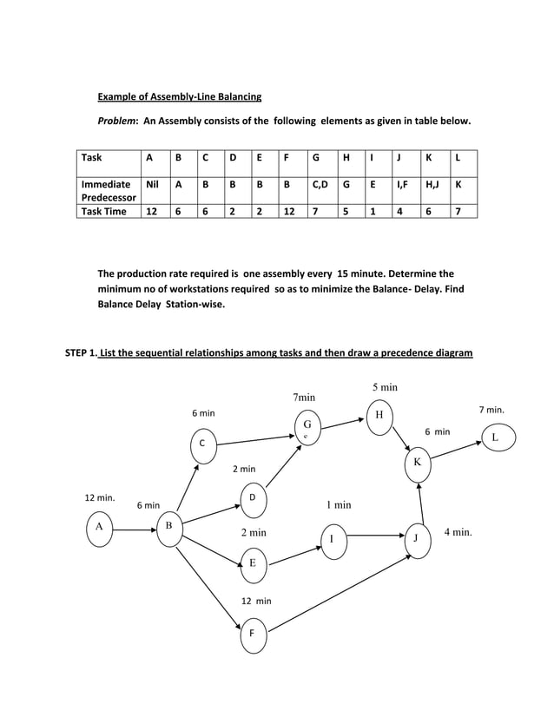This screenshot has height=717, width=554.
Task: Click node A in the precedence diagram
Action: (100, 526)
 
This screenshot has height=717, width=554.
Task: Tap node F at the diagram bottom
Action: (252, 633)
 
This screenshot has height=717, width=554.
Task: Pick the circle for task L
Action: (495, 437)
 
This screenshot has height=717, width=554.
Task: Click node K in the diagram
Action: (417, 462)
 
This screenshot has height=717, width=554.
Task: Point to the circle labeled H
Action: (379, 414)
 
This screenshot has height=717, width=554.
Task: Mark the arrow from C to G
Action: (254, 435)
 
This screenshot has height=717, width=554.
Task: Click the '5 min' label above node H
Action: (385, 387)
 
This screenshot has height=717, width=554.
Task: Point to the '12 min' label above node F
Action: (256, 601)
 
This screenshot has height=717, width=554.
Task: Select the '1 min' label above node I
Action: (338, 504)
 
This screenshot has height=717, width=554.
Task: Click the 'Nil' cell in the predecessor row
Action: (153, 184)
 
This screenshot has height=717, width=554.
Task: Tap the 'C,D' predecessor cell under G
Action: (320, 184)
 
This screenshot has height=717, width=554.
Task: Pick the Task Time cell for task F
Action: (289, 211)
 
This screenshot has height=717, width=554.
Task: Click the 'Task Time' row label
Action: (103, 211)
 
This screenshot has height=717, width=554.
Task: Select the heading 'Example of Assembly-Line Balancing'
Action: (179, 95)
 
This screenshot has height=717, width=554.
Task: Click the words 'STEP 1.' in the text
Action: (82, 352)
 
